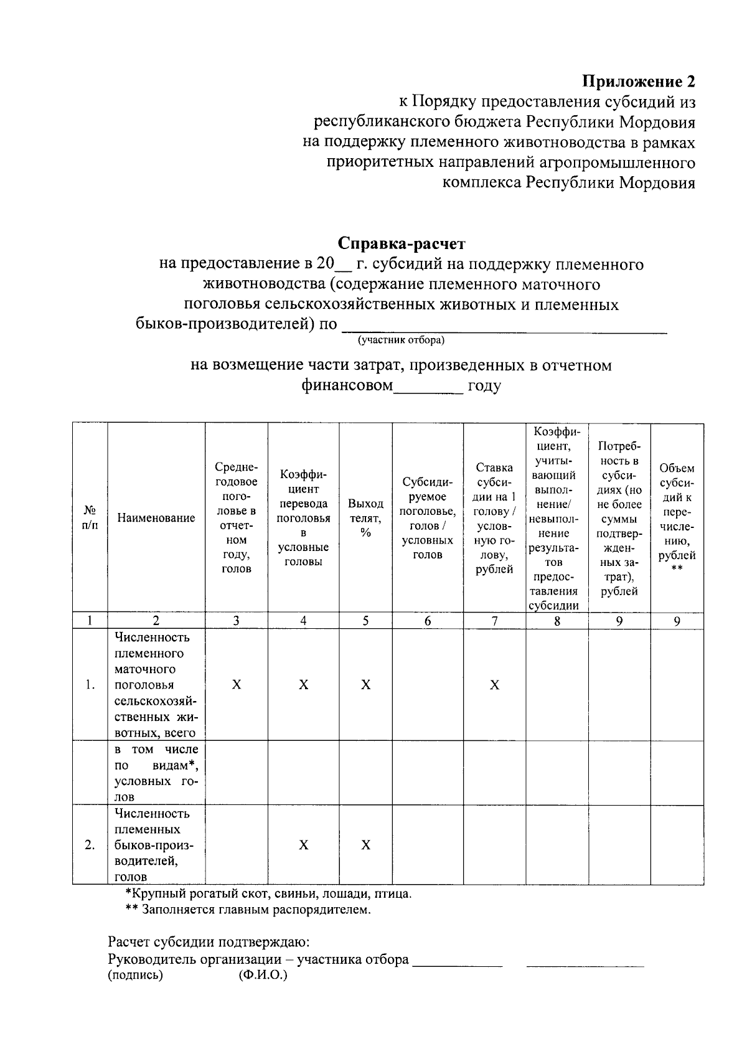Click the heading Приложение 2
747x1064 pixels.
(x=637, y=82)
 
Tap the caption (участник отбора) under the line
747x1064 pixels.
(x=400, y=341)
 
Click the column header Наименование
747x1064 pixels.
(x=156, y=517)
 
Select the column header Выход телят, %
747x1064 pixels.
(x=365, y=517)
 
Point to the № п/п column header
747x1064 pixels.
(x=90, y=517)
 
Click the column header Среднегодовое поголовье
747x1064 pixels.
(x=236, y=517)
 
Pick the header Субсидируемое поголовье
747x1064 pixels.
(x=427, y=517)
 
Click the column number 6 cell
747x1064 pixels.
(x=427, y=621)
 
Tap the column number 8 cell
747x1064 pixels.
(x=557, y=621)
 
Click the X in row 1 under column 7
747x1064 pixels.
(x=494, y=685)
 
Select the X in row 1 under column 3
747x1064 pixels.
(x=236, y=685)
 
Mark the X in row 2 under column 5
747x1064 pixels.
(x=365, y=845)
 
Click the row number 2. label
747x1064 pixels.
(x=90, y=845)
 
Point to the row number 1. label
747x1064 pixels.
(x=90, y=685)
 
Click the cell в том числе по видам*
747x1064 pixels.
(x=156, y=773)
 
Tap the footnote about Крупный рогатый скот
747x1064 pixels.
(x=268, y=894)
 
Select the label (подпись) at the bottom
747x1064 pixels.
(x=135, y=976)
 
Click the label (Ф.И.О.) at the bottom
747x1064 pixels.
(x=263, y=976)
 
